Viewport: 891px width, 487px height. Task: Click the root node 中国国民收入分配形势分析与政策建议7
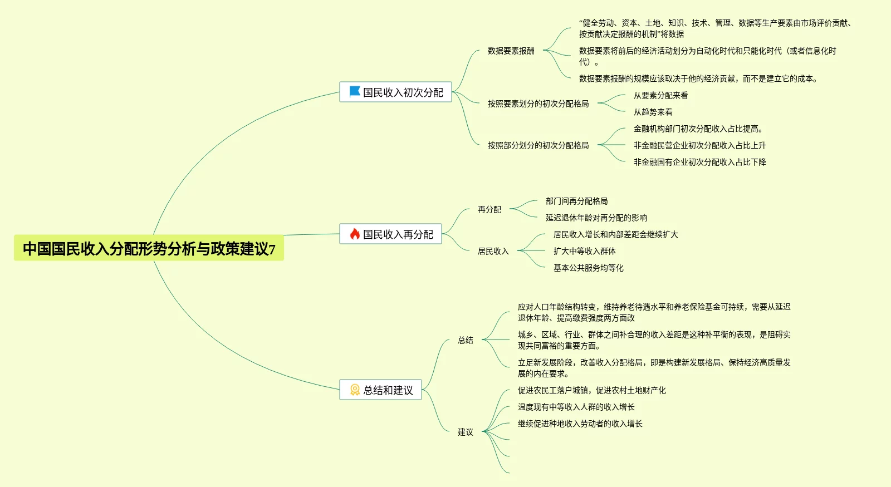coord(149,248)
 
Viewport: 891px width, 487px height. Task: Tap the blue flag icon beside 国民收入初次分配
coord(354,92)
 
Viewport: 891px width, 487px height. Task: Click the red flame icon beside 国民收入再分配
coord(354,234)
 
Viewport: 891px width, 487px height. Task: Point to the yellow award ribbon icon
coord(355,390)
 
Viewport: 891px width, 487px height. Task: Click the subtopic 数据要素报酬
coord(511,51)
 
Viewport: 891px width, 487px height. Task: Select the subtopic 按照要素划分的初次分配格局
coord(538,104)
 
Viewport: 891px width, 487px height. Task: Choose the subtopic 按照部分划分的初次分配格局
coord(538,145)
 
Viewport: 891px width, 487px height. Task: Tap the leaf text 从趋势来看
coord(653,112)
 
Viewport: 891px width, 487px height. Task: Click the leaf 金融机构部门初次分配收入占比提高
coord(698,129)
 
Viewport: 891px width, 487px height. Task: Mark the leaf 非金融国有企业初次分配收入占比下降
coord(699,162)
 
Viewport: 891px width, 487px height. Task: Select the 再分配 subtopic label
coord(489,209)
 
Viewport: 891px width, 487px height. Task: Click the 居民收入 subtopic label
coord(493,251)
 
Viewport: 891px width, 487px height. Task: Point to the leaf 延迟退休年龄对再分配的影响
coord(596,218)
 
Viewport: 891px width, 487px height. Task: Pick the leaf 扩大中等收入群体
coord(584,251)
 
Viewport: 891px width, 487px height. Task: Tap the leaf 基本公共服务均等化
coord(588,268)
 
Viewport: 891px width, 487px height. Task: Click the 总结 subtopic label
coord(466,340)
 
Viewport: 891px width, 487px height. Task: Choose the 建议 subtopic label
coord(466,432)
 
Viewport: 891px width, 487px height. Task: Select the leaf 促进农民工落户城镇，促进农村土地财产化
coord(591,390)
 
